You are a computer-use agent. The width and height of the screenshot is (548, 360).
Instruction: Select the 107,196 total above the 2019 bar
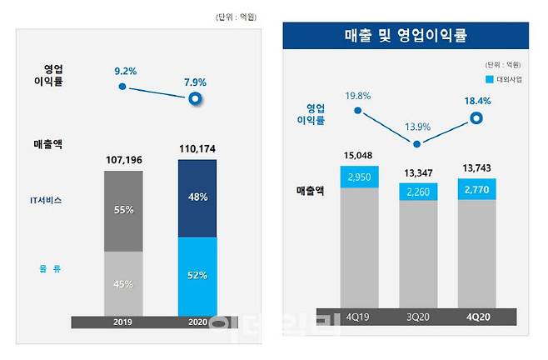(x=122, y=158)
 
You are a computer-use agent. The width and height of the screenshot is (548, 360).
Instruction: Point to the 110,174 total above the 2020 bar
(x=197, y=149)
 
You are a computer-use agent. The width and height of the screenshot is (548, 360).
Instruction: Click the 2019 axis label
(x=122, y=322)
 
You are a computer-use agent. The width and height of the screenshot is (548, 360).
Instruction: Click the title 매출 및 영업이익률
(x=406, y=35)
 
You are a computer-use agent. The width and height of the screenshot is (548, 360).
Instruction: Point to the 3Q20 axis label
(x=417, y=317)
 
